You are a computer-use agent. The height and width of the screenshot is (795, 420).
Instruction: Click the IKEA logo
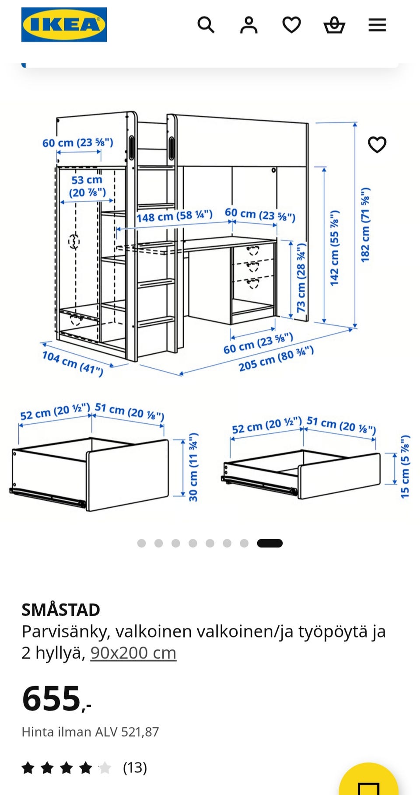point(64,24)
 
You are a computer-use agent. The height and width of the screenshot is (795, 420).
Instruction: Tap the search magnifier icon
point(206,25)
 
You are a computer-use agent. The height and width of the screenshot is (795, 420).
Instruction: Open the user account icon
point(248,25)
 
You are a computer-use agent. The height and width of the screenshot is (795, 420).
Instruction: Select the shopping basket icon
point(334,25)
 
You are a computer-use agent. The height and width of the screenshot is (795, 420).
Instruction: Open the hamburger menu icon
point(377,25)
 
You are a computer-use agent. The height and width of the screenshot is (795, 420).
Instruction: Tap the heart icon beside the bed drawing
point(377,145)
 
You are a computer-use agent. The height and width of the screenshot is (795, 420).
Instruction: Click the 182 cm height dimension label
point(365,225)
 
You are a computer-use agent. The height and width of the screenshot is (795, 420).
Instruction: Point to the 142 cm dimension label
point(335,248)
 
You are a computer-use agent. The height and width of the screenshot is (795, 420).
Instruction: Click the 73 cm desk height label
point(301,278)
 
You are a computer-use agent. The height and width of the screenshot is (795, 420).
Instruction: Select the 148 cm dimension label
point(174,216)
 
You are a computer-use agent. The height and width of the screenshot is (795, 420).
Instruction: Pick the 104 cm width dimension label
point(73,363)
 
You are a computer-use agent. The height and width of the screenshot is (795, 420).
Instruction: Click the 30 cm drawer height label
point(193,467)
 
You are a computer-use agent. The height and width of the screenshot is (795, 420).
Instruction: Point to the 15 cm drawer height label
point(405,467)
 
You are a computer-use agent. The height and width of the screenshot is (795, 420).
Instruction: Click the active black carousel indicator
point(269,543)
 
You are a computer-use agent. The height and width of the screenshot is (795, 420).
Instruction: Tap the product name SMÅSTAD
point(61,610)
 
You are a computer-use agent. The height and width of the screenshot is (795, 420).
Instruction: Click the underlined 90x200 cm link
point(133,653)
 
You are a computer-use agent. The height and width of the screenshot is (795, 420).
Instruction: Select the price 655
point(52,698)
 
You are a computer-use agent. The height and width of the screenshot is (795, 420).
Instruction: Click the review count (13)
point(135,767)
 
